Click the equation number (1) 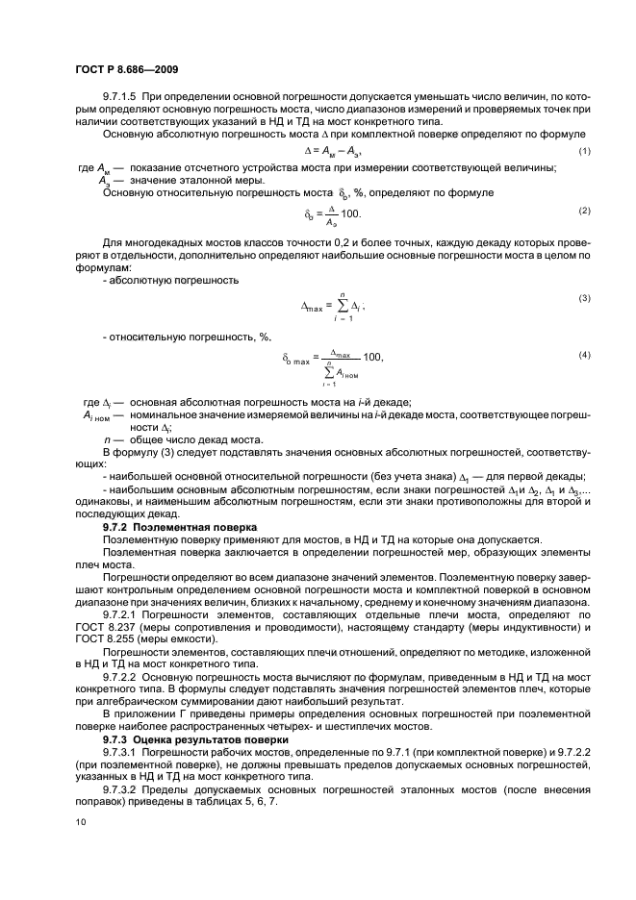[x=583, y=153]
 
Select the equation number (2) [x=583, y=211]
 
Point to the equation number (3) [x=583, y=298]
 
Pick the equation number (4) [x=583, y=354]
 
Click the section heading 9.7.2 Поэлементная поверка [x=180, y=527]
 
